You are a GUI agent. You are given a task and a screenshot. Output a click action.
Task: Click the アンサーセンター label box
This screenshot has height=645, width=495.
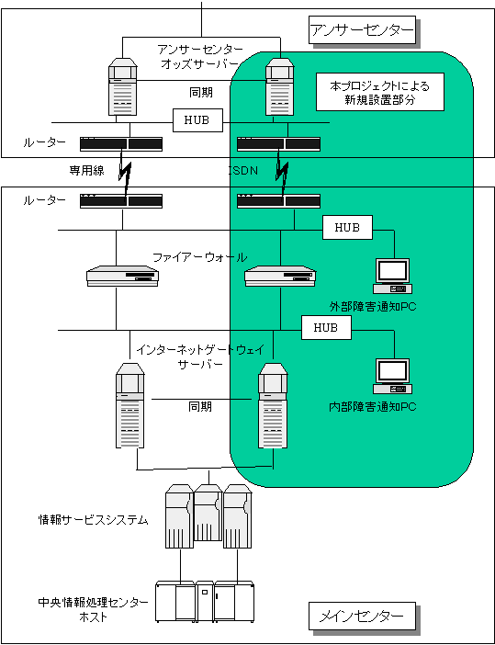tap(362, 30)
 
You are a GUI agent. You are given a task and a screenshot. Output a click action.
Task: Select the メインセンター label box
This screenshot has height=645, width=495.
tap(362, 616)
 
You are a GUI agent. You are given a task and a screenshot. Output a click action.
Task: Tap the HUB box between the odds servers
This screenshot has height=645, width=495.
tap(197, 120)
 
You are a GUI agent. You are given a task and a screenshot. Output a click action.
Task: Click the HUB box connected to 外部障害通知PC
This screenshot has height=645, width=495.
tap(347, 227)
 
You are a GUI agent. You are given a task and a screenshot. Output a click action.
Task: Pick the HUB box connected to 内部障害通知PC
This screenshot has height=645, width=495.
tap(326, 327)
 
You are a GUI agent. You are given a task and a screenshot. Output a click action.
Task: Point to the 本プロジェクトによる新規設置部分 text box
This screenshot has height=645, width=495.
tap(380, 92)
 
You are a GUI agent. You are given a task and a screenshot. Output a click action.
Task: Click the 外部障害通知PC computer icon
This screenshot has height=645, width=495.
tap(393, 276)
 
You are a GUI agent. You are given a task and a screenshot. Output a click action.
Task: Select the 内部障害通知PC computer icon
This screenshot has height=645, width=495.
tap(393, 377)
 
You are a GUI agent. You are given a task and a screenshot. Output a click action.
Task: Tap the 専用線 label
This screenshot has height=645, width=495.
tap(86, 170)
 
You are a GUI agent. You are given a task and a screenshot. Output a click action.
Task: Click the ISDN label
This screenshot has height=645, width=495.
tap(243, 170)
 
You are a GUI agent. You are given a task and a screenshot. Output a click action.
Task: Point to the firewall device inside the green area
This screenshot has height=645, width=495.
tap(280, 276)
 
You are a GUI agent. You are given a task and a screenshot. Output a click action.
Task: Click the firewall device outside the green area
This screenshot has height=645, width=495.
tap(122, 276)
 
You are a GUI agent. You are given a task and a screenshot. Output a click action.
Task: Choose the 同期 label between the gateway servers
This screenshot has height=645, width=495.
tap(200, 406)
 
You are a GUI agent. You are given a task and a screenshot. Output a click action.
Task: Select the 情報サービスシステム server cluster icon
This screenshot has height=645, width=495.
tap(208, 515)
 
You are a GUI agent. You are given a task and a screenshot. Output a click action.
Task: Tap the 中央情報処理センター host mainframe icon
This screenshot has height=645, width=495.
tap(205, 601)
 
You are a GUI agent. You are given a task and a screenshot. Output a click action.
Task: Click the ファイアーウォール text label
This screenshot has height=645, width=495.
tap(200, 258)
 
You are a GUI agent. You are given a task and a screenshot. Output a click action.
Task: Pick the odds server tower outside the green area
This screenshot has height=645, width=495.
tap(122, 86)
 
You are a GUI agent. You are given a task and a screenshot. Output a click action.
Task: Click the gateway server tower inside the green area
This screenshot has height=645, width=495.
tap(273, 405)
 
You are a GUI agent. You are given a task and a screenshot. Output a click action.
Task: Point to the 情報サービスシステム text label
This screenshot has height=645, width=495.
tap(93, 520)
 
